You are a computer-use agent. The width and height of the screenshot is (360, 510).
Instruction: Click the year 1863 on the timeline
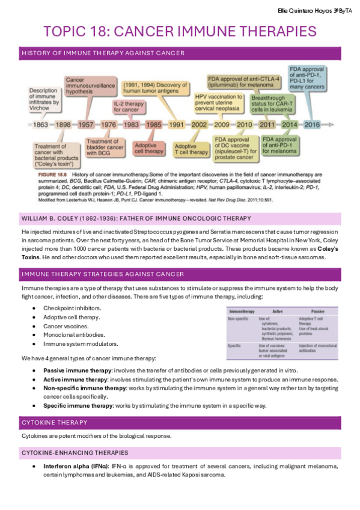(x=40, y=125)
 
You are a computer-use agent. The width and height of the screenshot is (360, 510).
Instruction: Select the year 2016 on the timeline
(x=313, y=125)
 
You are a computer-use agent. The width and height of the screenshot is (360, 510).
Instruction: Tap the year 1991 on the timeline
(x=176, y=125)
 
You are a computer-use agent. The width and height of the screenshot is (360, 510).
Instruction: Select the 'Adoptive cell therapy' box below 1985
(x=148, y=149)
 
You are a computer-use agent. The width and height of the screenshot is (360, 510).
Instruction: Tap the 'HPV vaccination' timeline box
(x=216, y=104)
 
